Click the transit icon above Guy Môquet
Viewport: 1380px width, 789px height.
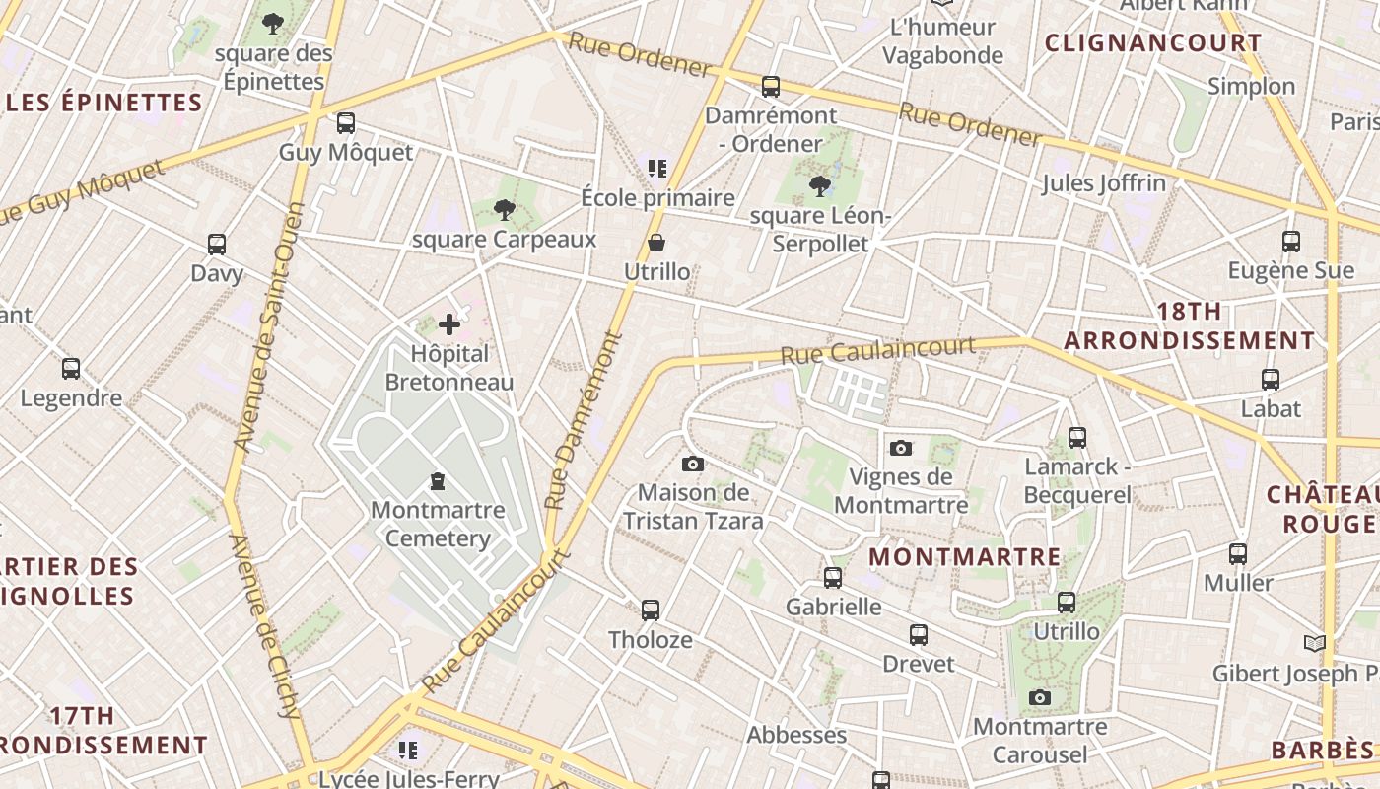click(x=345, y=123)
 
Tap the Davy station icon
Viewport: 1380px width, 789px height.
click(x=217, y=244)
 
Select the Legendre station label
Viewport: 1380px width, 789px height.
click(x=72, y=398)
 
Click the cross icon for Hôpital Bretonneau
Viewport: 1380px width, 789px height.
click(x=449, y=323)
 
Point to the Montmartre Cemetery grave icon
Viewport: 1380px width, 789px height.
click(x=437, y=481)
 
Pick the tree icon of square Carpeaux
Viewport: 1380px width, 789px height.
click(x=505, y=209)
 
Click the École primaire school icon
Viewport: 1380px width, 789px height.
click(x=657, y=169)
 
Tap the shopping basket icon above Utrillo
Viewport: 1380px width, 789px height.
click(x=656, y=243)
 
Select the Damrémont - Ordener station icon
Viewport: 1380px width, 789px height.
click(x=771, y=86)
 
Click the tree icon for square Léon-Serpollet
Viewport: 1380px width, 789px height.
click(x=819, y=185)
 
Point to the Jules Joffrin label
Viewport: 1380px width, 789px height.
click(x=1103, y=183)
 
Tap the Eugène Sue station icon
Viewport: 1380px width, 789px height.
click(x=1290, y=241)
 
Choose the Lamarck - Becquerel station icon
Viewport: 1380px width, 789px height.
click(x=1077, y=437)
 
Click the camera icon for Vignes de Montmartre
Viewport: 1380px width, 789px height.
click(x=900, y=448)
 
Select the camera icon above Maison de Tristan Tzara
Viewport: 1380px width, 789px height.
click(x=693, y=464)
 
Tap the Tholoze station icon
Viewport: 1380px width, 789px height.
click(x=651, y=610)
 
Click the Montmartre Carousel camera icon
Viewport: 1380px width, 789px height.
click(x=1039, y=698)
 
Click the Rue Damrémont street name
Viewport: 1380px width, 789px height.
click(x=585, y=420)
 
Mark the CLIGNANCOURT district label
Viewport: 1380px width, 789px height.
click(x=1152, y=43)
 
